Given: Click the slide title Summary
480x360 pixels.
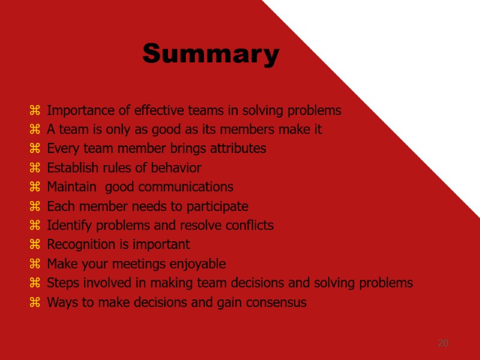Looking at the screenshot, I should pyautogui.click(x=211, y=54).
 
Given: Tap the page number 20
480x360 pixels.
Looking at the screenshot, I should pyautogui.click(x=443, y=343).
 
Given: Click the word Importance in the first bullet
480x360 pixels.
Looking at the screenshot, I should pyautogui.click(x=77, y=110).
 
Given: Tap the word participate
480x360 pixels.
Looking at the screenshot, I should pyautogui.click(x=217, y=206).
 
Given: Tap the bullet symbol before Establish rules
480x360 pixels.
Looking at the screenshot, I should pyautogui.click(x=35, y=167).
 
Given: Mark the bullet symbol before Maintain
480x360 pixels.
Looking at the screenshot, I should pyautogui.click(x=35, y=187).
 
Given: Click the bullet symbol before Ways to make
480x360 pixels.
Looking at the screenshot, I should pyautogui.click(x=35, y=302).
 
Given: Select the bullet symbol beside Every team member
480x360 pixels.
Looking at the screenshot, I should pyautogui.click(x=35, y=148).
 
